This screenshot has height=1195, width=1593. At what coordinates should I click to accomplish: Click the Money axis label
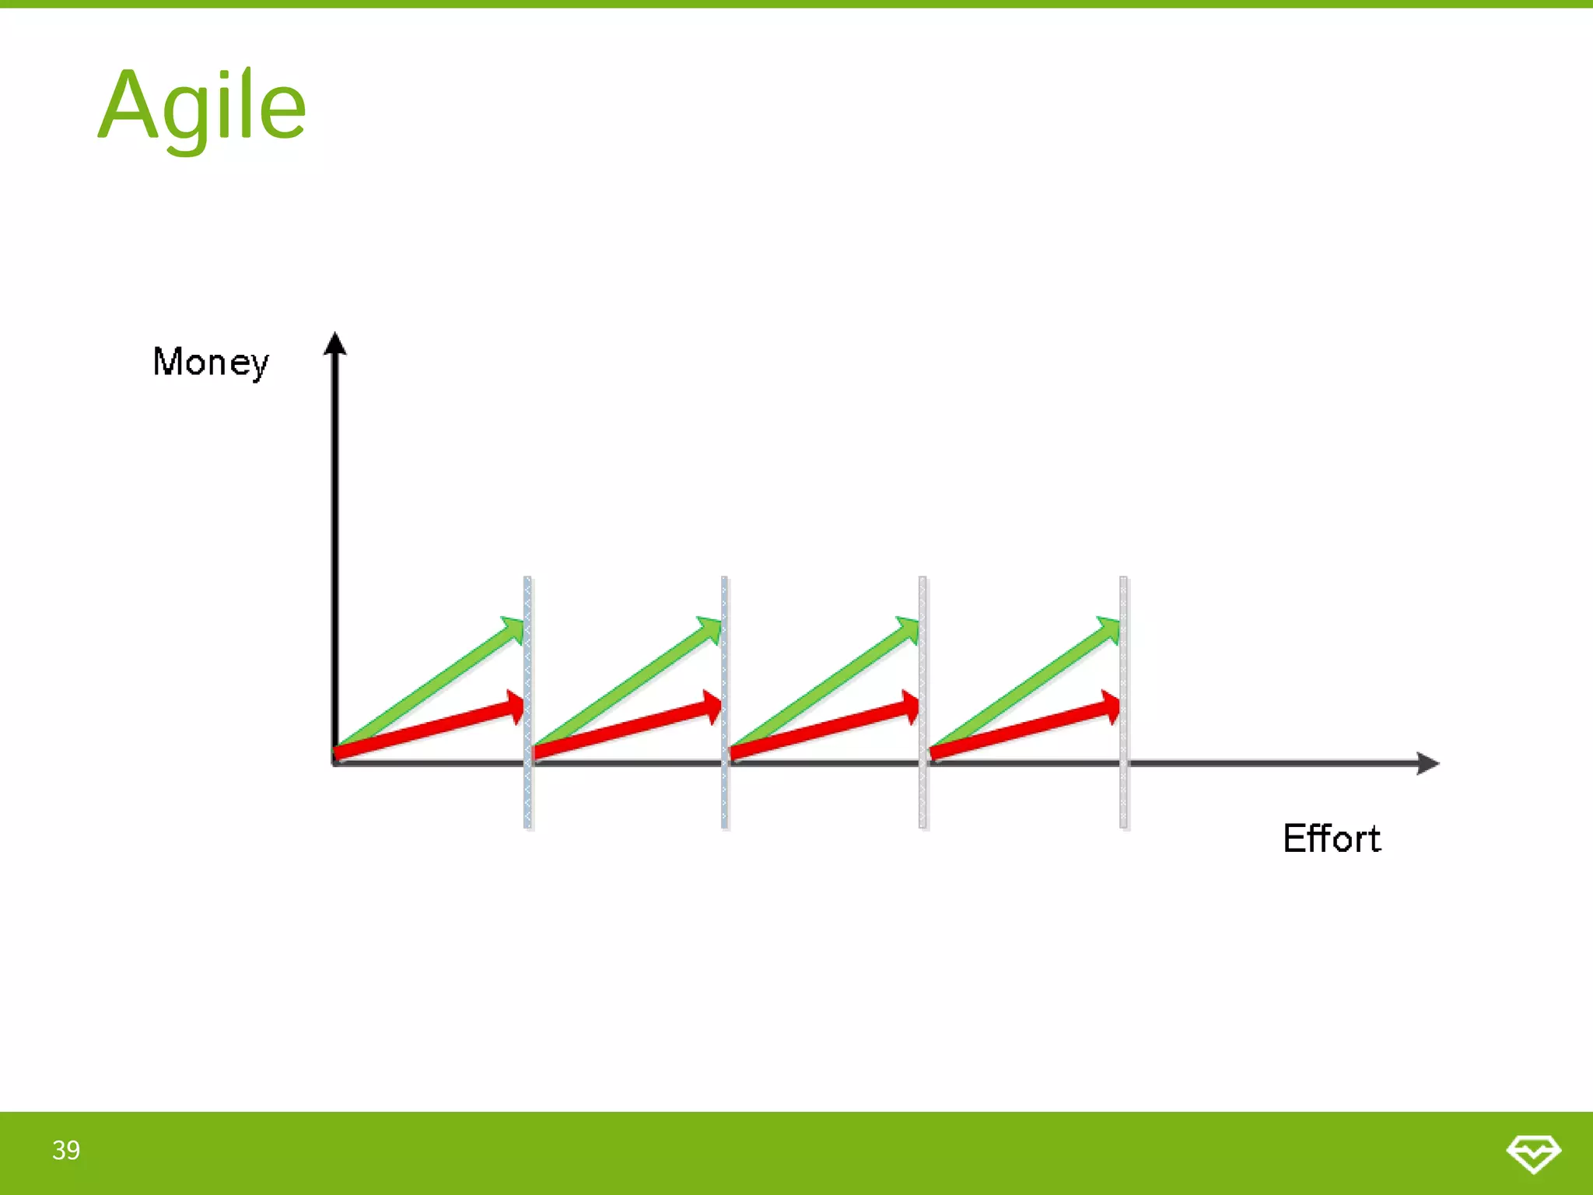click(211, 363)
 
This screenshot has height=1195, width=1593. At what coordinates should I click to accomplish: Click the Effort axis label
click(1332, 839)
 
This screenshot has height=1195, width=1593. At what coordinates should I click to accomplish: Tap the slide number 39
click(66, 1150)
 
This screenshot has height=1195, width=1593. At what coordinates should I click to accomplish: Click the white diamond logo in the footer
click(1533, 1153)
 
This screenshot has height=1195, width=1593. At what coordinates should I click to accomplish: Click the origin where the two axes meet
click(335, 763)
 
